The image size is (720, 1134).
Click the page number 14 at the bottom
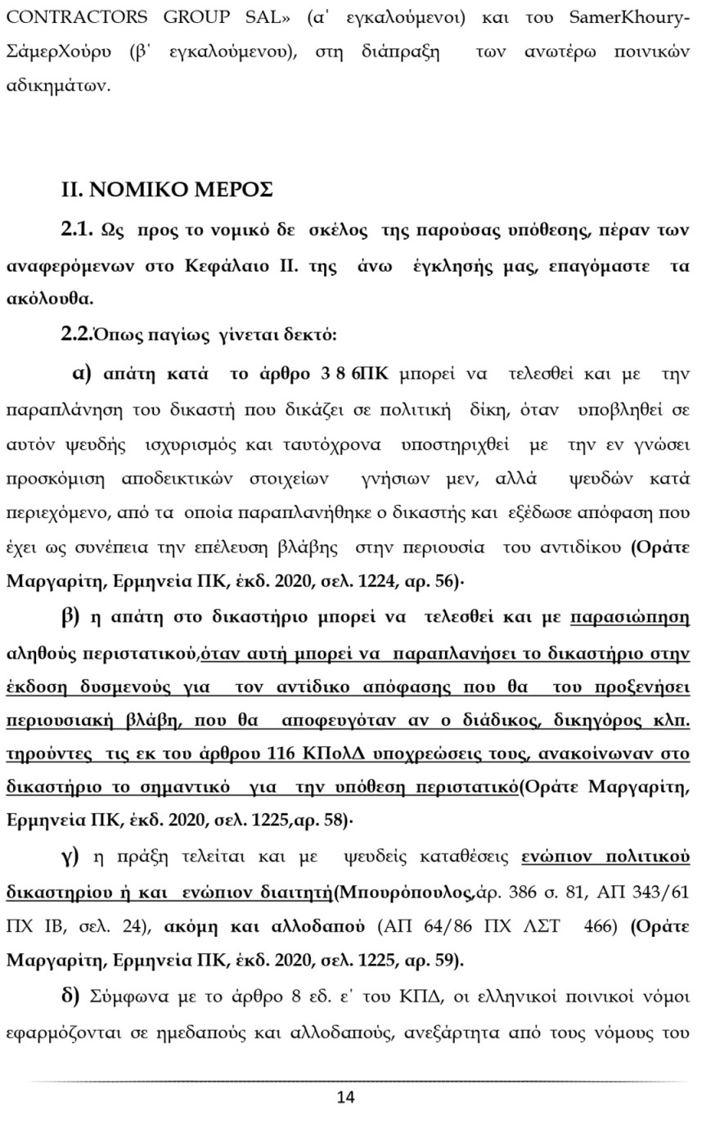click(345, 1096)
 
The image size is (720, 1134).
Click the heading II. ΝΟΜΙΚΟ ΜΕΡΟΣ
click(167, 190)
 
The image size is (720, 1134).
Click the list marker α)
click(83, 374)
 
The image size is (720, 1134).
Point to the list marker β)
click(70, 617)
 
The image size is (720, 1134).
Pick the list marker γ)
click(70, 857)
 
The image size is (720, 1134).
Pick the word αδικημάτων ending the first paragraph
click(57, 86)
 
